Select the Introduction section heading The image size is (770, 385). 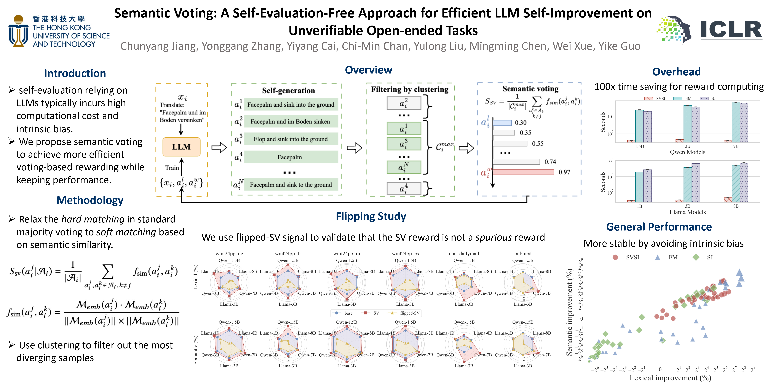tap(75, 73)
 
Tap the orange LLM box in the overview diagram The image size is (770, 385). tap(181, 147)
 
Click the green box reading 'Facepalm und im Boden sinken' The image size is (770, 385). tap(290, 121)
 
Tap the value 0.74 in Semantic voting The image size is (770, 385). tap(550, 162)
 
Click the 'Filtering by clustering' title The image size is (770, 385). tap(409, 89)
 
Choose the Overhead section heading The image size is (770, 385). tap(676, 72)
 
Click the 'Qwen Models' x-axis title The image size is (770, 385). tap(687, 152)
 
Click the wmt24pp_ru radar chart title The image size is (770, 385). tap(347, 254)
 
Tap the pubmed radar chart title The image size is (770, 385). tap(523, 254)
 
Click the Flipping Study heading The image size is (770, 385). tap(371, 216)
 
